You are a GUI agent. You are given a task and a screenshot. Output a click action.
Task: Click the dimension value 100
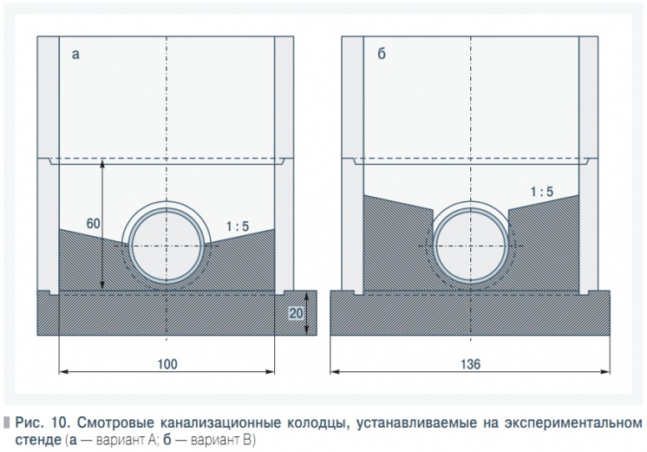[x=167, y=364]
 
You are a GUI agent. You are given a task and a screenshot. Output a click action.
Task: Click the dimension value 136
[x=470, y=364]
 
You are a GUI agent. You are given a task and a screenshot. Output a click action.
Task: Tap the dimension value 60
[x=94, y=223]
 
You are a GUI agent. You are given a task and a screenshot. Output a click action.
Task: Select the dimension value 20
[x=296, y=313]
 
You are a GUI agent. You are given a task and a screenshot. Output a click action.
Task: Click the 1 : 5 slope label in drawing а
[x=238, y=226]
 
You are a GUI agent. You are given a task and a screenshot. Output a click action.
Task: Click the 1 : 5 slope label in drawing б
[x=542, y=192]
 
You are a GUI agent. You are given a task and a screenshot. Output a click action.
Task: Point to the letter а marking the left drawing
[x=75, y=55]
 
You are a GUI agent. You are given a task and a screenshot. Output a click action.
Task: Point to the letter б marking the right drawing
[x=382, y=54]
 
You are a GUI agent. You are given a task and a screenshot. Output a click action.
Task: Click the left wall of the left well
[x=49, y=165]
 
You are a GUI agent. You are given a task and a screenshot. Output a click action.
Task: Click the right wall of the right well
[x=588, y=165]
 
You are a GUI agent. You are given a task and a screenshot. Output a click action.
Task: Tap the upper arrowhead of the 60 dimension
[x=102, y=162]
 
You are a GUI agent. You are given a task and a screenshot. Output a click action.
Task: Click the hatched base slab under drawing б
[x=470, y=313]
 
